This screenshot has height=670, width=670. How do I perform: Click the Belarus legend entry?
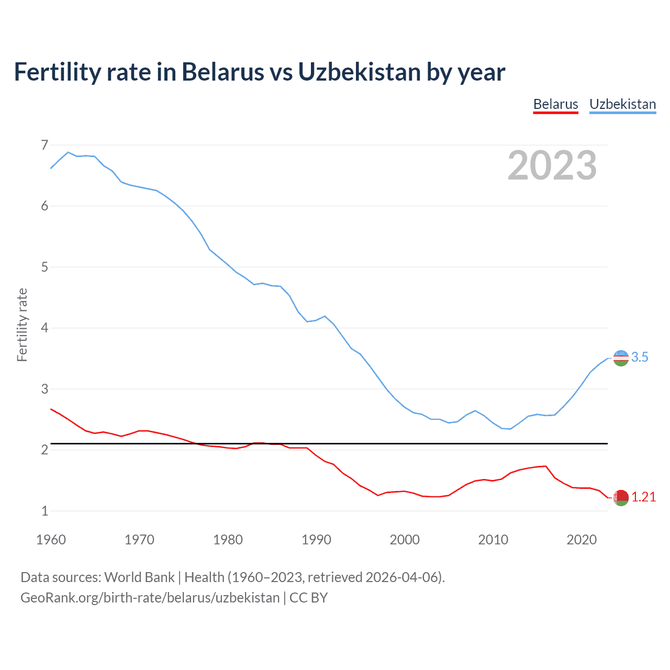[x=555, y=104]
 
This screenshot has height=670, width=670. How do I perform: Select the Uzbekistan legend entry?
[x=622, y=104]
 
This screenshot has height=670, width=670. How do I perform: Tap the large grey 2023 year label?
[x=552, y=165]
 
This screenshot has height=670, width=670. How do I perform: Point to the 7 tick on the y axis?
[x=44, y=145]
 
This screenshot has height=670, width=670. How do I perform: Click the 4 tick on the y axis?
[x=44, y=328]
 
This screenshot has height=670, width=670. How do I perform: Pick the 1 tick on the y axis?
[x=44, y=511]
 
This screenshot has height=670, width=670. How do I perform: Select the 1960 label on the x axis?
[x=51, y=540]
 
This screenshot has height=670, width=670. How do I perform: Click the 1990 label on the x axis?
[x=316, y=540]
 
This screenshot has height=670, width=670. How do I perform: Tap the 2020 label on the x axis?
[x=582, y=540]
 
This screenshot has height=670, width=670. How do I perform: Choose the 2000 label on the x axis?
[x=405, y=540]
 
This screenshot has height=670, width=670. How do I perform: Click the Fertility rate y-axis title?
[x=22, y=325]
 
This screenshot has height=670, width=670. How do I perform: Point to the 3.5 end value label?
[x=640, y=358]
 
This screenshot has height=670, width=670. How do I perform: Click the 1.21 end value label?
[x=643, y=497]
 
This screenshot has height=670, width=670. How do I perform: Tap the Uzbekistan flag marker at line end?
[x=621, y=358]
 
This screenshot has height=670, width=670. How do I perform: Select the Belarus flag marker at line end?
[x=621, y=498]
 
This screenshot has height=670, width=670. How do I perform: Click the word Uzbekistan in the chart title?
[x=360, y=72]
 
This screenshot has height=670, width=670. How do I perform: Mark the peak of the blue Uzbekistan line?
[x=68, y=152]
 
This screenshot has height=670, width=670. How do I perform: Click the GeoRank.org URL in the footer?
[x=150, y=598]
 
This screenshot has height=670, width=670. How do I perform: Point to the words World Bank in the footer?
[x=139, y=577]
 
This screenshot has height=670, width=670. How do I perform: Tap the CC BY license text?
[x=308, y=598]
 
